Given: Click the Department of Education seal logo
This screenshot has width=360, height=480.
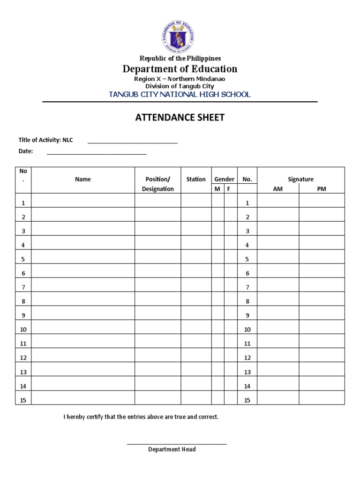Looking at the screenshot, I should (180, 36).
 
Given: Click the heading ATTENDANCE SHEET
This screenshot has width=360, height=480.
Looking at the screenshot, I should (180, 118).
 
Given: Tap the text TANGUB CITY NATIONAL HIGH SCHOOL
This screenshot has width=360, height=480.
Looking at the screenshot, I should (180, 94).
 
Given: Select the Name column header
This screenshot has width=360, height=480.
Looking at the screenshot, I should (83, 179).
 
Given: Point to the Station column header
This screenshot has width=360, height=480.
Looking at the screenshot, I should (196, 179).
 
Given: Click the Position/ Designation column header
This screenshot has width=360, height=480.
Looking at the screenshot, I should (158, 184).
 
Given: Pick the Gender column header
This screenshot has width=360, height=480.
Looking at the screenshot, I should (225, 179).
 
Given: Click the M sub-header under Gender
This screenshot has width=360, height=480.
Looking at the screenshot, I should (217, 189).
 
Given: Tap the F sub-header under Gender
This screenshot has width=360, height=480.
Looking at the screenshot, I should (229, 189).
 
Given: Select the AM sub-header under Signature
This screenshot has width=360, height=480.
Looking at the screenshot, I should (278, 189).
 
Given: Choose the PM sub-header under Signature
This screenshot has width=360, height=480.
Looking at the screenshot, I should (322, 189).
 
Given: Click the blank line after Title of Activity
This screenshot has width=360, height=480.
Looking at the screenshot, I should (133, 141).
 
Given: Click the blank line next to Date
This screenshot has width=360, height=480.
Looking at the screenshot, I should (97, 152).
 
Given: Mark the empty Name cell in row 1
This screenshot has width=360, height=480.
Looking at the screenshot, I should (83, 202).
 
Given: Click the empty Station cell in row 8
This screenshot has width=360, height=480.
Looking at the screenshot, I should (196, 301).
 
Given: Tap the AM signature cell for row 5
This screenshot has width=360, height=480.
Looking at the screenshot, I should (278, 259).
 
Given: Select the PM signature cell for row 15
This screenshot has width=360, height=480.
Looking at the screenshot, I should (322, 400).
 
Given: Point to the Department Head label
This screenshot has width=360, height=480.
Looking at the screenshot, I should (172, 450).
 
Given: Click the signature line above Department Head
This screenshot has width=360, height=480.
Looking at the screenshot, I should (177, 442).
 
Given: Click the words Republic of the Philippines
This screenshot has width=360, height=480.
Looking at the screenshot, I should (180, 58).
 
